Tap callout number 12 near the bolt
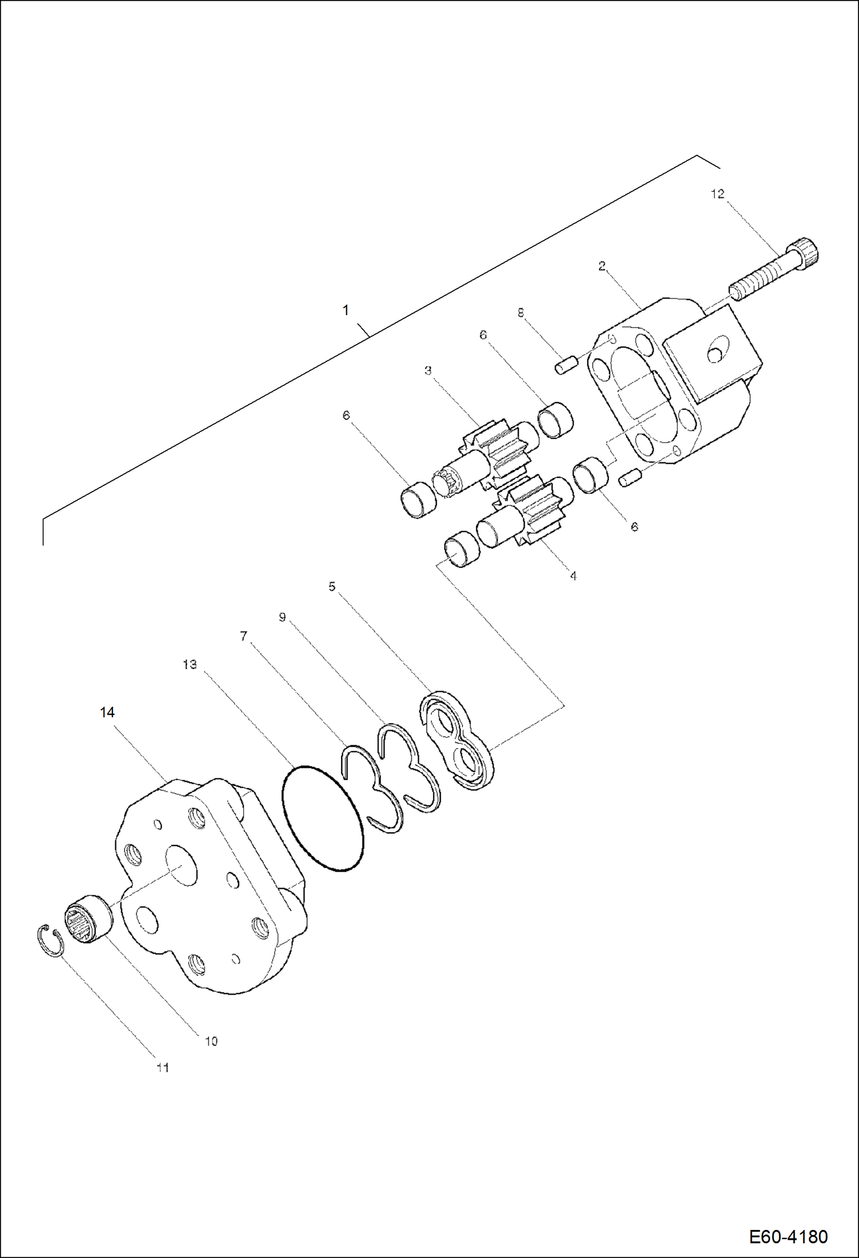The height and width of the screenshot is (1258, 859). tap(717, 194)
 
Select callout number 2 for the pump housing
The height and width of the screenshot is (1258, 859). tap(602, 266)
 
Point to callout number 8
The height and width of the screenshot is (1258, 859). tap(521, 313)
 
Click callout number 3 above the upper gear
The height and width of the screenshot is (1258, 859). tap(428, 371)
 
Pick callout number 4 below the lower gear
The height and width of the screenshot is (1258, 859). tap(573, 576)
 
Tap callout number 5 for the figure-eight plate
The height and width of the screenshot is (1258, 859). tap(331, 586)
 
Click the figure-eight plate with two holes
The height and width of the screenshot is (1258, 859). tap(457, 741)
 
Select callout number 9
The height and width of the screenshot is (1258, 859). tap(282, 618)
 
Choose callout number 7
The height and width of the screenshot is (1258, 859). tap(244, 636)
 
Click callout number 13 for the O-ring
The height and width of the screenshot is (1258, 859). tap(190, 664)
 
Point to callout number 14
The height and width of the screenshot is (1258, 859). tap(107, 712)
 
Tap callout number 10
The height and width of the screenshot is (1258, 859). tap(211, 1041)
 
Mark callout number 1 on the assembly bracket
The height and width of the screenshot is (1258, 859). tap(345, 310)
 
